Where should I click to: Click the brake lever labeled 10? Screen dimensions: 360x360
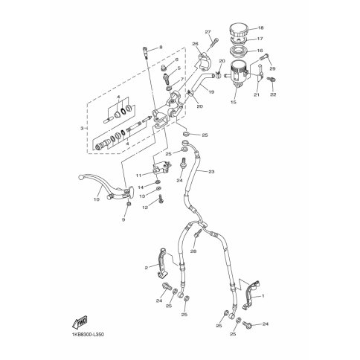(104, 188)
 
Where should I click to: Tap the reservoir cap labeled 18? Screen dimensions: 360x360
(239, 30)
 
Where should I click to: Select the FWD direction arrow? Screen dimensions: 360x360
(80, 322)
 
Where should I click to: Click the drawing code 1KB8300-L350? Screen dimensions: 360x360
(88, 335)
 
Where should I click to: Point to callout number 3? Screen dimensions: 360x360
(82, 128)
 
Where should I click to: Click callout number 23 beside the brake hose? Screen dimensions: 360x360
(211, 172)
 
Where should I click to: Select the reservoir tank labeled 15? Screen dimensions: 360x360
(237, 74)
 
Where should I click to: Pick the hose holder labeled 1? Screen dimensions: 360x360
(251, 295)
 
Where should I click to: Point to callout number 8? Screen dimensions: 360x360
(161, 47)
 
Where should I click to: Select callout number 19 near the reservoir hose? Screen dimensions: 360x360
(211, 91)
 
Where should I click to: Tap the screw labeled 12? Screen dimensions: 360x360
(161, 199)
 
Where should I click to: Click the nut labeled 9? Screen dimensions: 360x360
(129, 204)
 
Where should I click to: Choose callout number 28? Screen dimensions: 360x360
(193, 251)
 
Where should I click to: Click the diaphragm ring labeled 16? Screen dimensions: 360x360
(239, 53)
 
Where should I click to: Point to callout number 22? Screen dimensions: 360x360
(273, 94)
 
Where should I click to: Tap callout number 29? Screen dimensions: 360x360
(273, 68)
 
